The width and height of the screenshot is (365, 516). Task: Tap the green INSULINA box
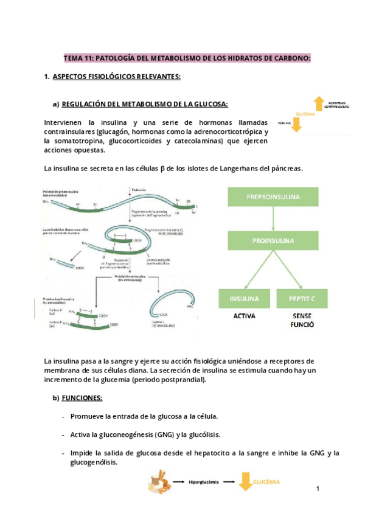point(244,299)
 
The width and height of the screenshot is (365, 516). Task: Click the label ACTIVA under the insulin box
point(244,316)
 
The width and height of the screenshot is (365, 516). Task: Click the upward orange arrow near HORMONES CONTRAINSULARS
point(318,103)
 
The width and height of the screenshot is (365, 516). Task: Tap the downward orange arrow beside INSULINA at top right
point(297,124)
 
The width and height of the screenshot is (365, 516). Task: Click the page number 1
point(318,489)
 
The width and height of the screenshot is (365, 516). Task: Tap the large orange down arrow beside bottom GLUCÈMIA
point(245,481)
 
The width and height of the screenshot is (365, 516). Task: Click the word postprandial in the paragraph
point(183,380)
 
